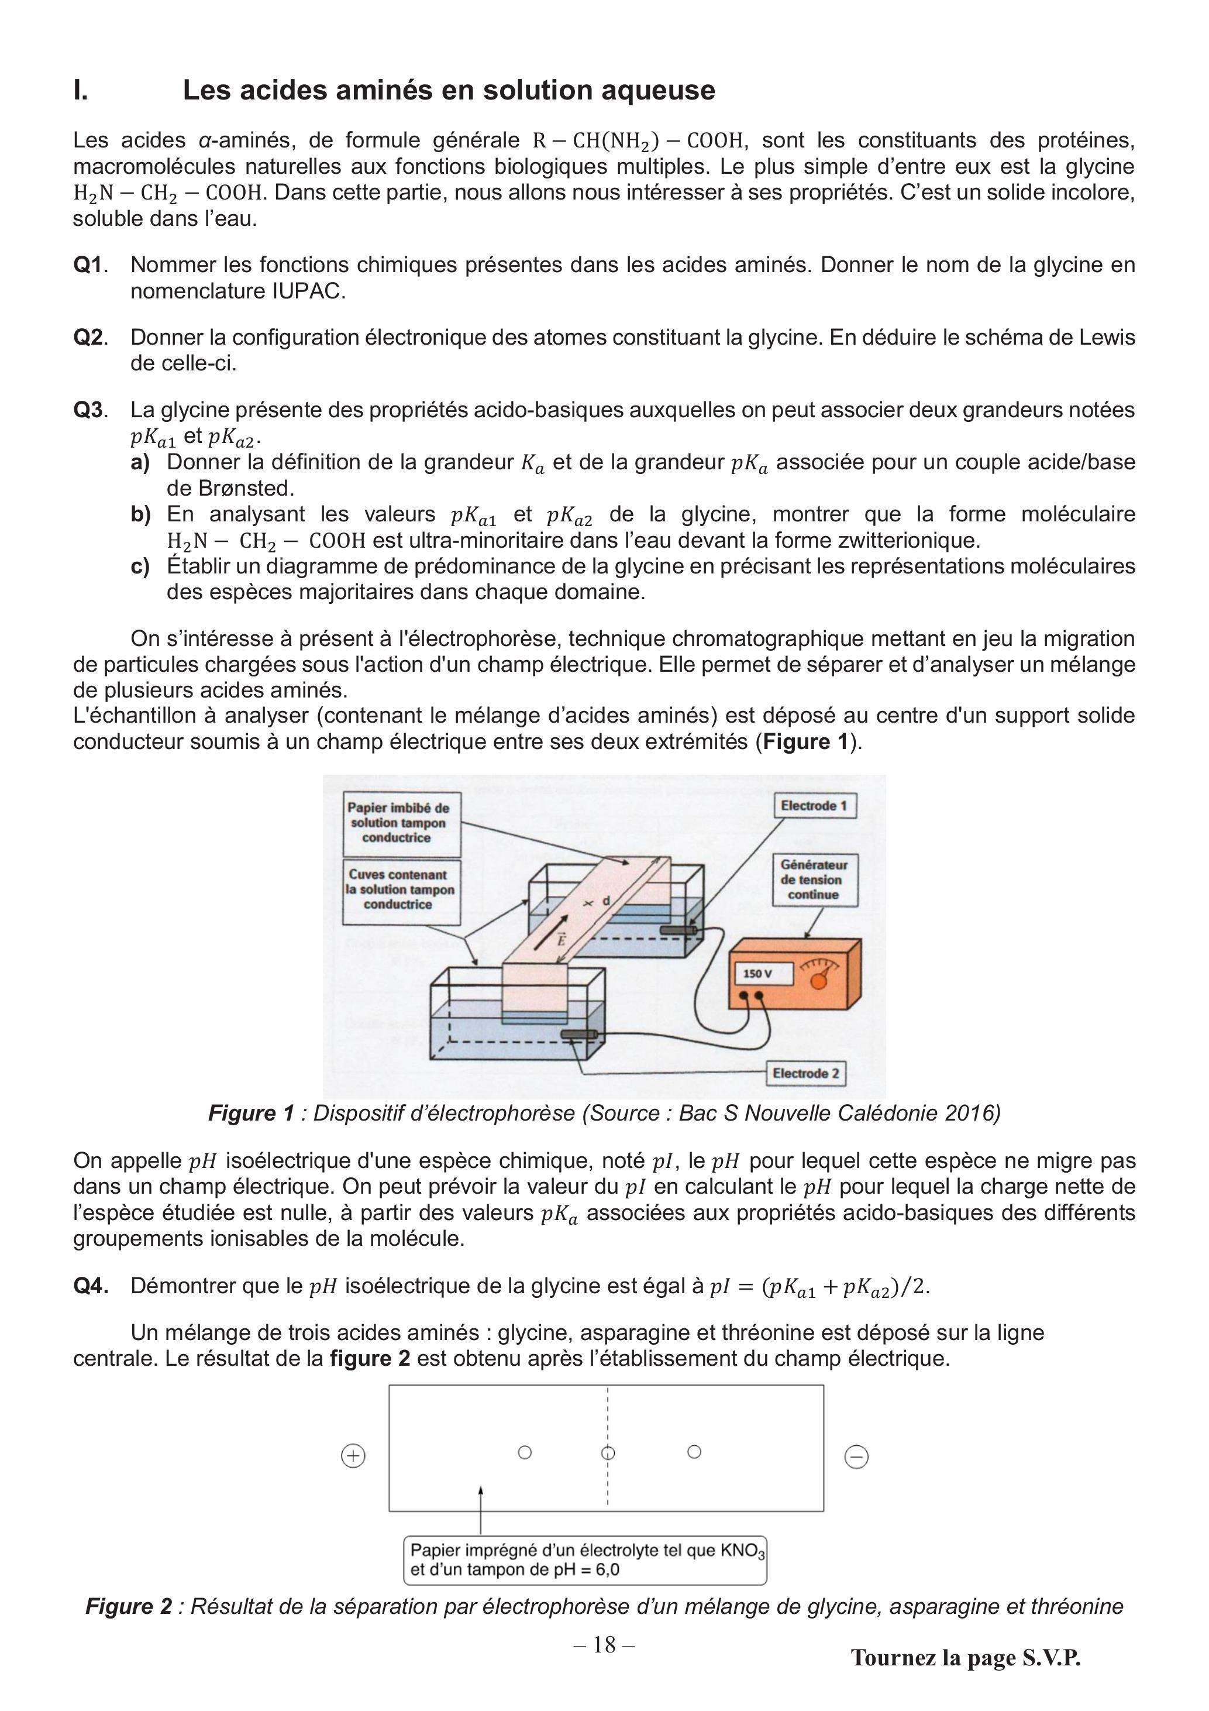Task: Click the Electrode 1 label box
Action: pos(814,806)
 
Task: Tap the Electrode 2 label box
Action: pos(806,1073)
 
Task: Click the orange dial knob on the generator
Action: pos(819,981)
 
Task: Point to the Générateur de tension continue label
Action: pos(814,879)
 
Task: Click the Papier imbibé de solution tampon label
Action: pos(398,823)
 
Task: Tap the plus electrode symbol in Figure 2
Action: pos(353,1455)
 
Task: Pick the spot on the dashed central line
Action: pos(608,1452)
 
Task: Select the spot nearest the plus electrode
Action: pos(525,1452)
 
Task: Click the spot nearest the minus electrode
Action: pos(694,1452)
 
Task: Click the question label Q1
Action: pos(89,264)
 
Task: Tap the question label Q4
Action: pos(91,1286)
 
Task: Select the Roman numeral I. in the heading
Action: pos(81,90)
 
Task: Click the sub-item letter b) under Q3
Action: pos(141,514)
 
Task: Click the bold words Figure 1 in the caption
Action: pos(251,1112)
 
